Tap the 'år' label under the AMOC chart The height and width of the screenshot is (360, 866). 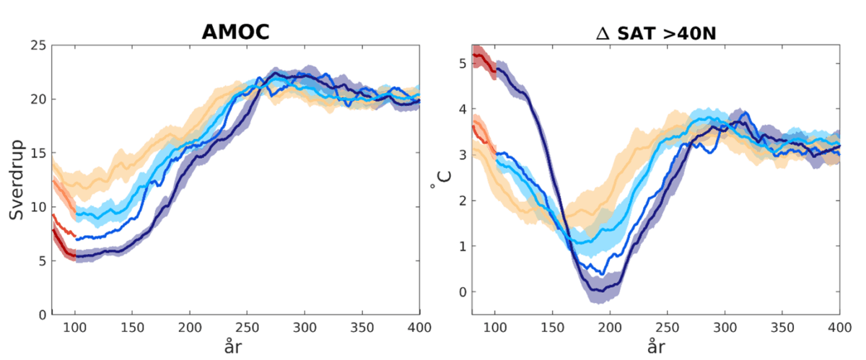coord(235,348)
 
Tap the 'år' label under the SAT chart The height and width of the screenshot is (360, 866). coord(655,348)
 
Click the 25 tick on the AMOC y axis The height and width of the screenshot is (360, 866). coord(38,45)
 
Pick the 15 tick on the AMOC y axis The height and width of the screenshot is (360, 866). coord(38,154)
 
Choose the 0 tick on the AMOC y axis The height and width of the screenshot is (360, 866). coord(42,315)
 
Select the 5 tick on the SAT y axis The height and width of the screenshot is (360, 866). coord(462,63)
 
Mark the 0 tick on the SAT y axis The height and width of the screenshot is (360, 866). coord(462,292)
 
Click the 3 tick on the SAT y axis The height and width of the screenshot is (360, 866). coord(462,155)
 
